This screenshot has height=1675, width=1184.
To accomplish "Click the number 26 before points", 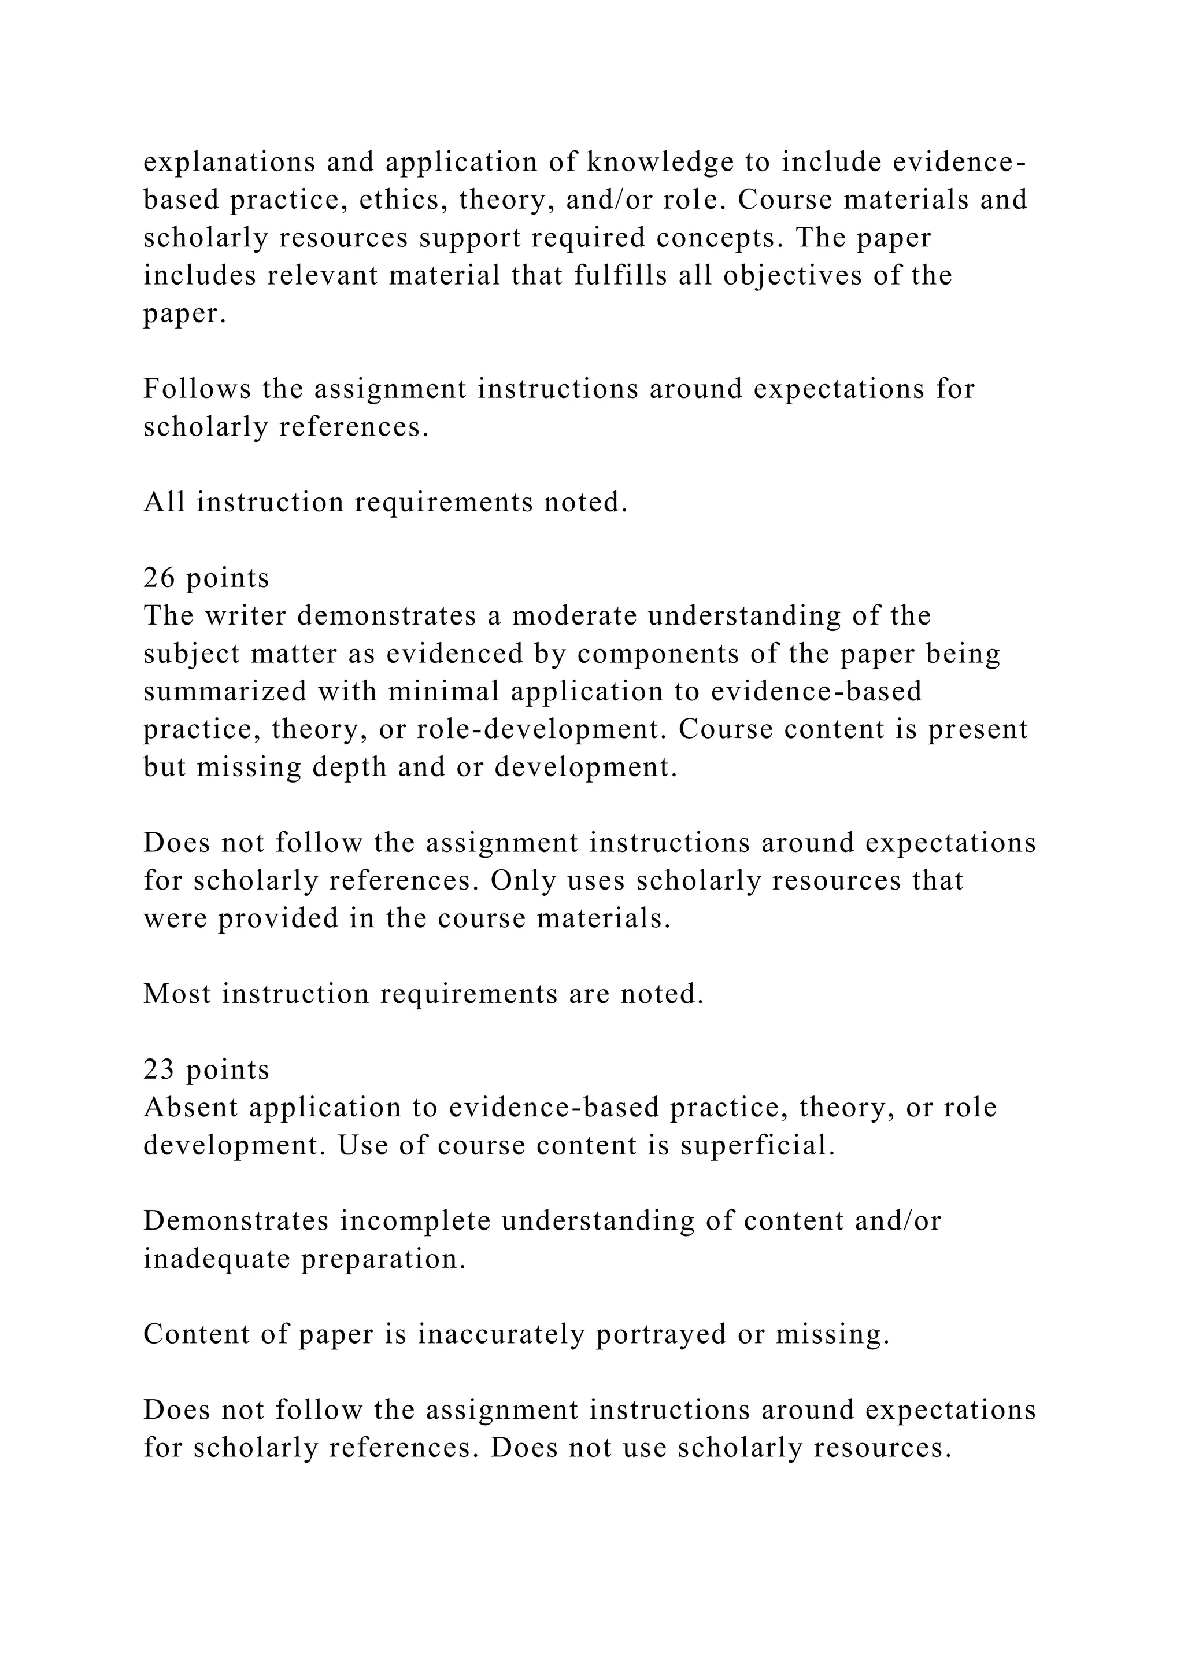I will pos(157,578).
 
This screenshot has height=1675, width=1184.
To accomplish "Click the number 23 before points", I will pos(157,1069).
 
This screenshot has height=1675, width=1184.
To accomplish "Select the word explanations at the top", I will pos(230,162).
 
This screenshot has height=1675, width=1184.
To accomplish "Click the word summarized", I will pos(224,692).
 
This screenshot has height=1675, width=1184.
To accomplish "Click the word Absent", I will pos(190,1108).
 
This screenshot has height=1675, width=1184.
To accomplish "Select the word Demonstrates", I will pos(236,1220).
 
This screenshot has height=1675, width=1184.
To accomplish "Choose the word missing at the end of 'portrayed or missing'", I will pos(832,1334).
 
